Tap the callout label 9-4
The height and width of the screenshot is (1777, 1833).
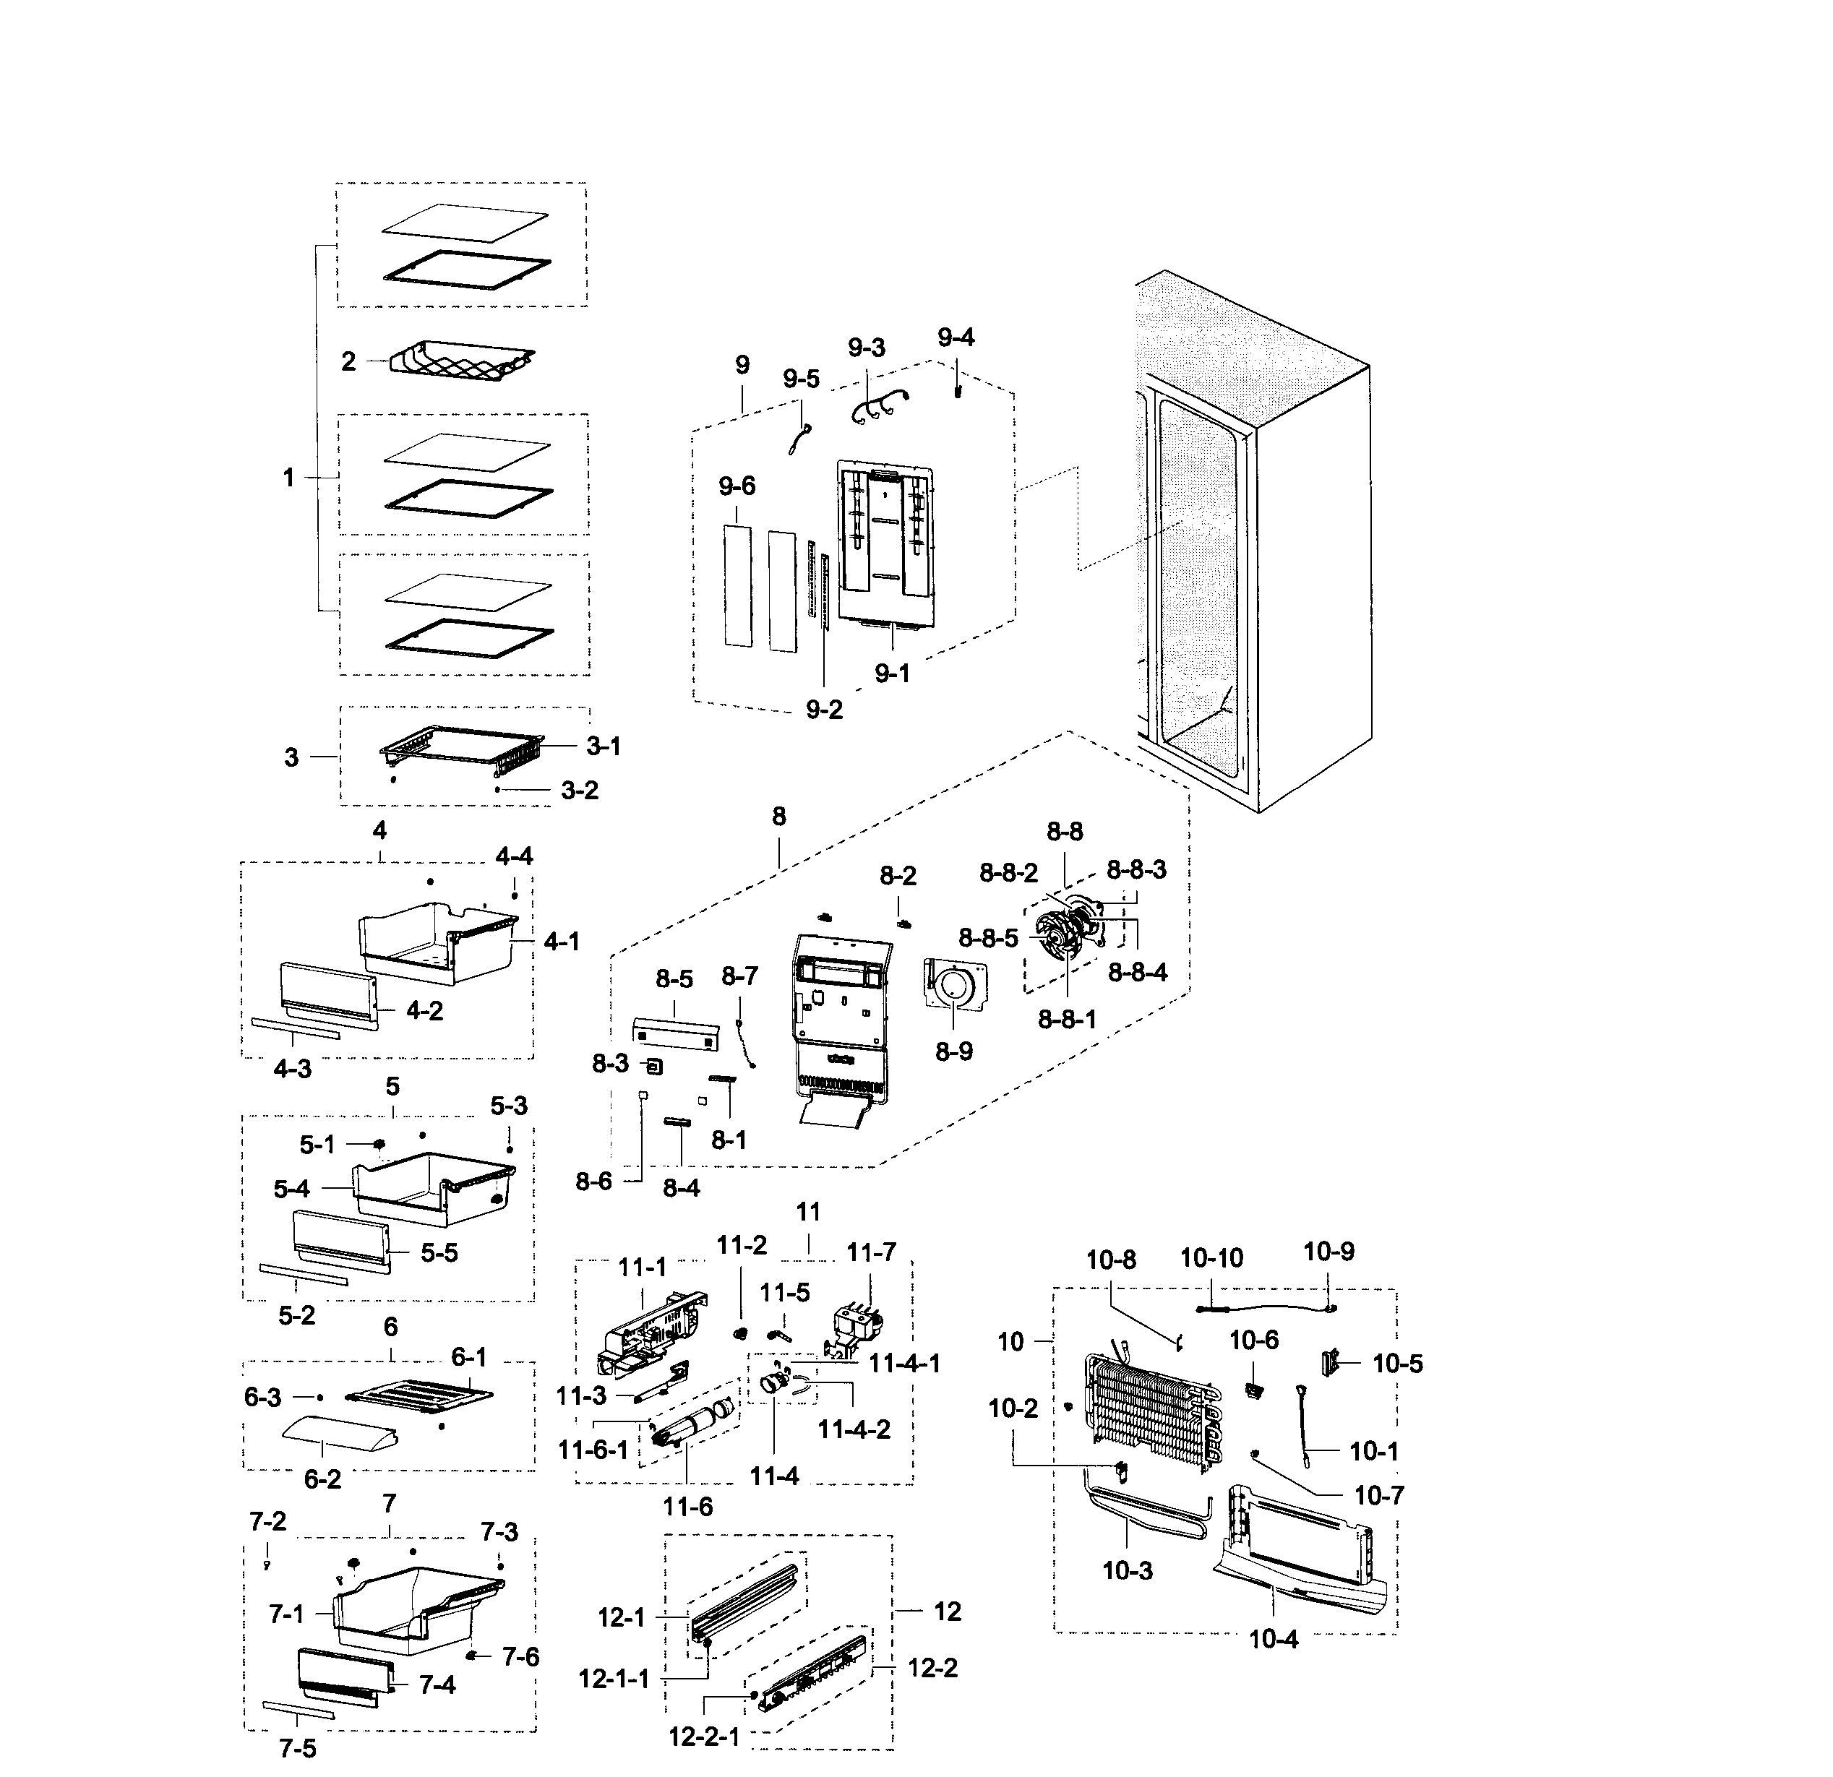pyautogui.click(x=956, y=337)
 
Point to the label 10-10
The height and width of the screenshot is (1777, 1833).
pyautogui.click(x=1211, y=1258)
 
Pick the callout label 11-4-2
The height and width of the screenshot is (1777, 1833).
pyautogui.click(x=854, y=1429)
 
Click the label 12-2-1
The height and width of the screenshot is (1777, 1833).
pyautogui.click(x=703, y=1737)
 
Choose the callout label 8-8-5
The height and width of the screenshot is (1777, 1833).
pyautogui.click(x=987, y=938)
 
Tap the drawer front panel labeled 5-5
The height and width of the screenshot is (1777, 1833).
pyautogui.click(x=341, y=1240)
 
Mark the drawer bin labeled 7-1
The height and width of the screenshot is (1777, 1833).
pyautogui.click(x=411, y=1609)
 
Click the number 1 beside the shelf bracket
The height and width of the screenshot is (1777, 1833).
pyautogui.click(x=288, y=478)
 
